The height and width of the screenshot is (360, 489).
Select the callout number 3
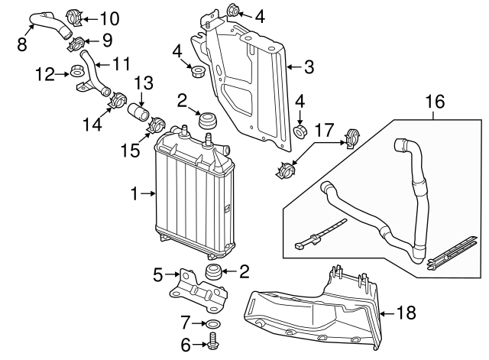(x=309, y=68)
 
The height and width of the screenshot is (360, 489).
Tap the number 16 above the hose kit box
(x=434, y=101)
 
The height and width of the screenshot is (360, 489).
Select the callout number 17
(x=323, y=131)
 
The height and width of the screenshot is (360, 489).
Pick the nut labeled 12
(x=78, y=73)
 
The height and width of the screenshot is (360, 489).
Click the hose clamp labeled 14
(x=119, y=99)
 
